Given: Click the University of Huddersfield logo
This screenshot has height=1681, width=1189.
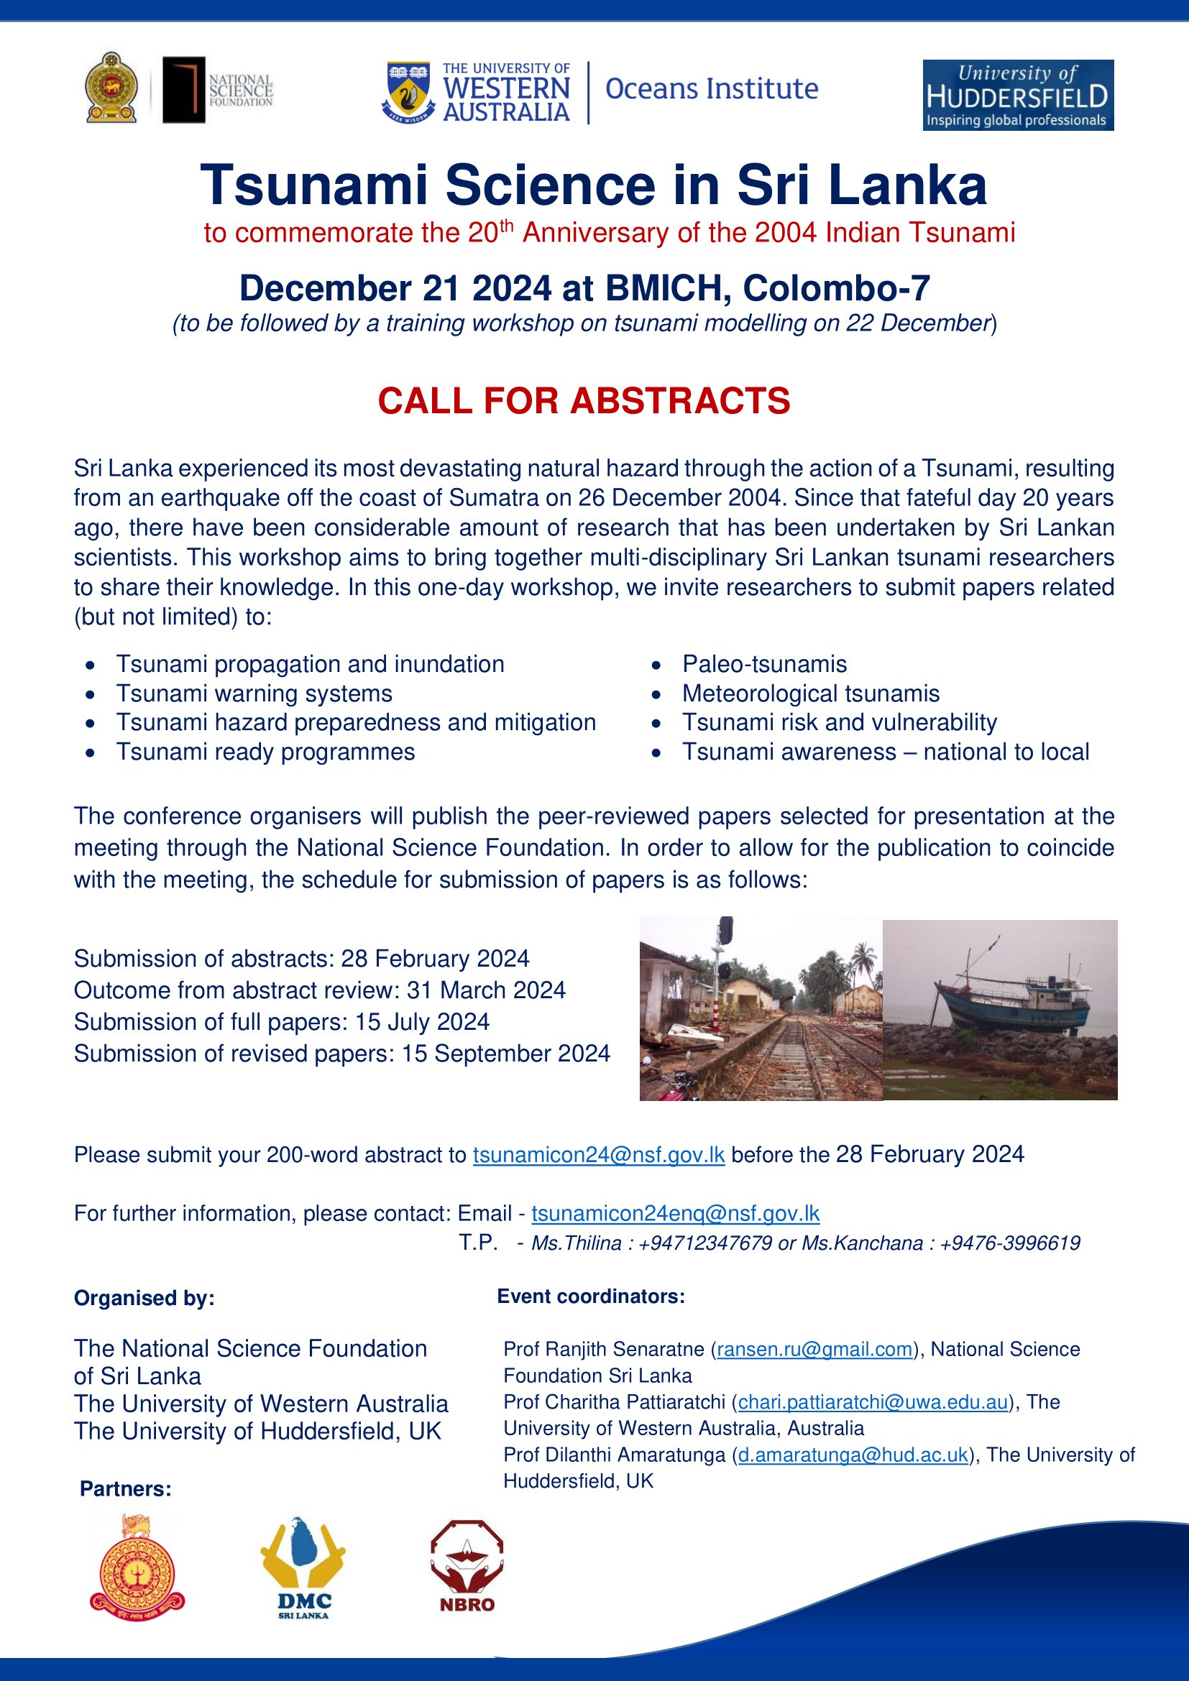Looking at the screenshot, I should point(1018,95).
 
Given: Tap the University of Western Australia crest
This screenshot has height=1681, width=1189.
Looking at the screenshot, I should point(408,91).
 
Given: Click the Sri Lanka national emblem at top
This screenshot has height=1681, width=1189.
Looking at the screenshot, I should point(111,87).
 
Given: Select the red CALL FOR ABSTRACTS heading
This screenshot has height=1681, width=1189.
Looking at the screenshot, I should point(584,401).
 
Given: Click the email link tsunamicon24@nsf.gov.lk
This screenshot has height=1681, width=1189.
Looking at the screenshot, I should point(598,1155).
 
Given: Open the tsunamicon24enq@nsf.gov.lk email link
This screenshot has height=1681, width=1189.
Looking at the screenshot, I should point(675,1213).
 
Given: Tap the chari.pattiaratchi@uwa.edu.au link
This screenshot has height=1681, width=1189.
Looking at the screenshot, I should point(873,1401).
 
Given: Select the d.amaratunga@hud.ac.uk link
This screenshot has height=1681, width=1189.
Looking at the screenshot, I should point(853,1454).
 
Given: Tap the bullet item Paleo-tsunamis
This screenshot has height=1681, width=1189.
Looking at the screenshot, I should point(764,664).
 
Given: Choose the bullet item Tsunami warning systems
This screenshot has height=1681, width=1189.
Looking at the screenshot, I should point(254,694).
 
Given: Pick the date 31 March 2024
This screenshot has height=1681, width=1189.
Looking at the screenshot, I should point(486,990).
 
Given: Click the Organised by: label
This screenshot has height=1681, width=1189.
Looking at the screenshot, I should point(144,1298).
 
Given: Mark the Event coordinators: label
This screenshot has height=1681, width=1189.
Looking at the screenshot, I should point(591,1297).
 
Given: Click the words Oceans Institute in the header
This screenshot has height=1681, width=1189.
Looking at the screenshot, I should point(711,88).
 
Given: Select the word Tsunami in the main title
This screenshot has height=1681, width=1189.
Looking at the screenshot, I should point(314,185).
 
